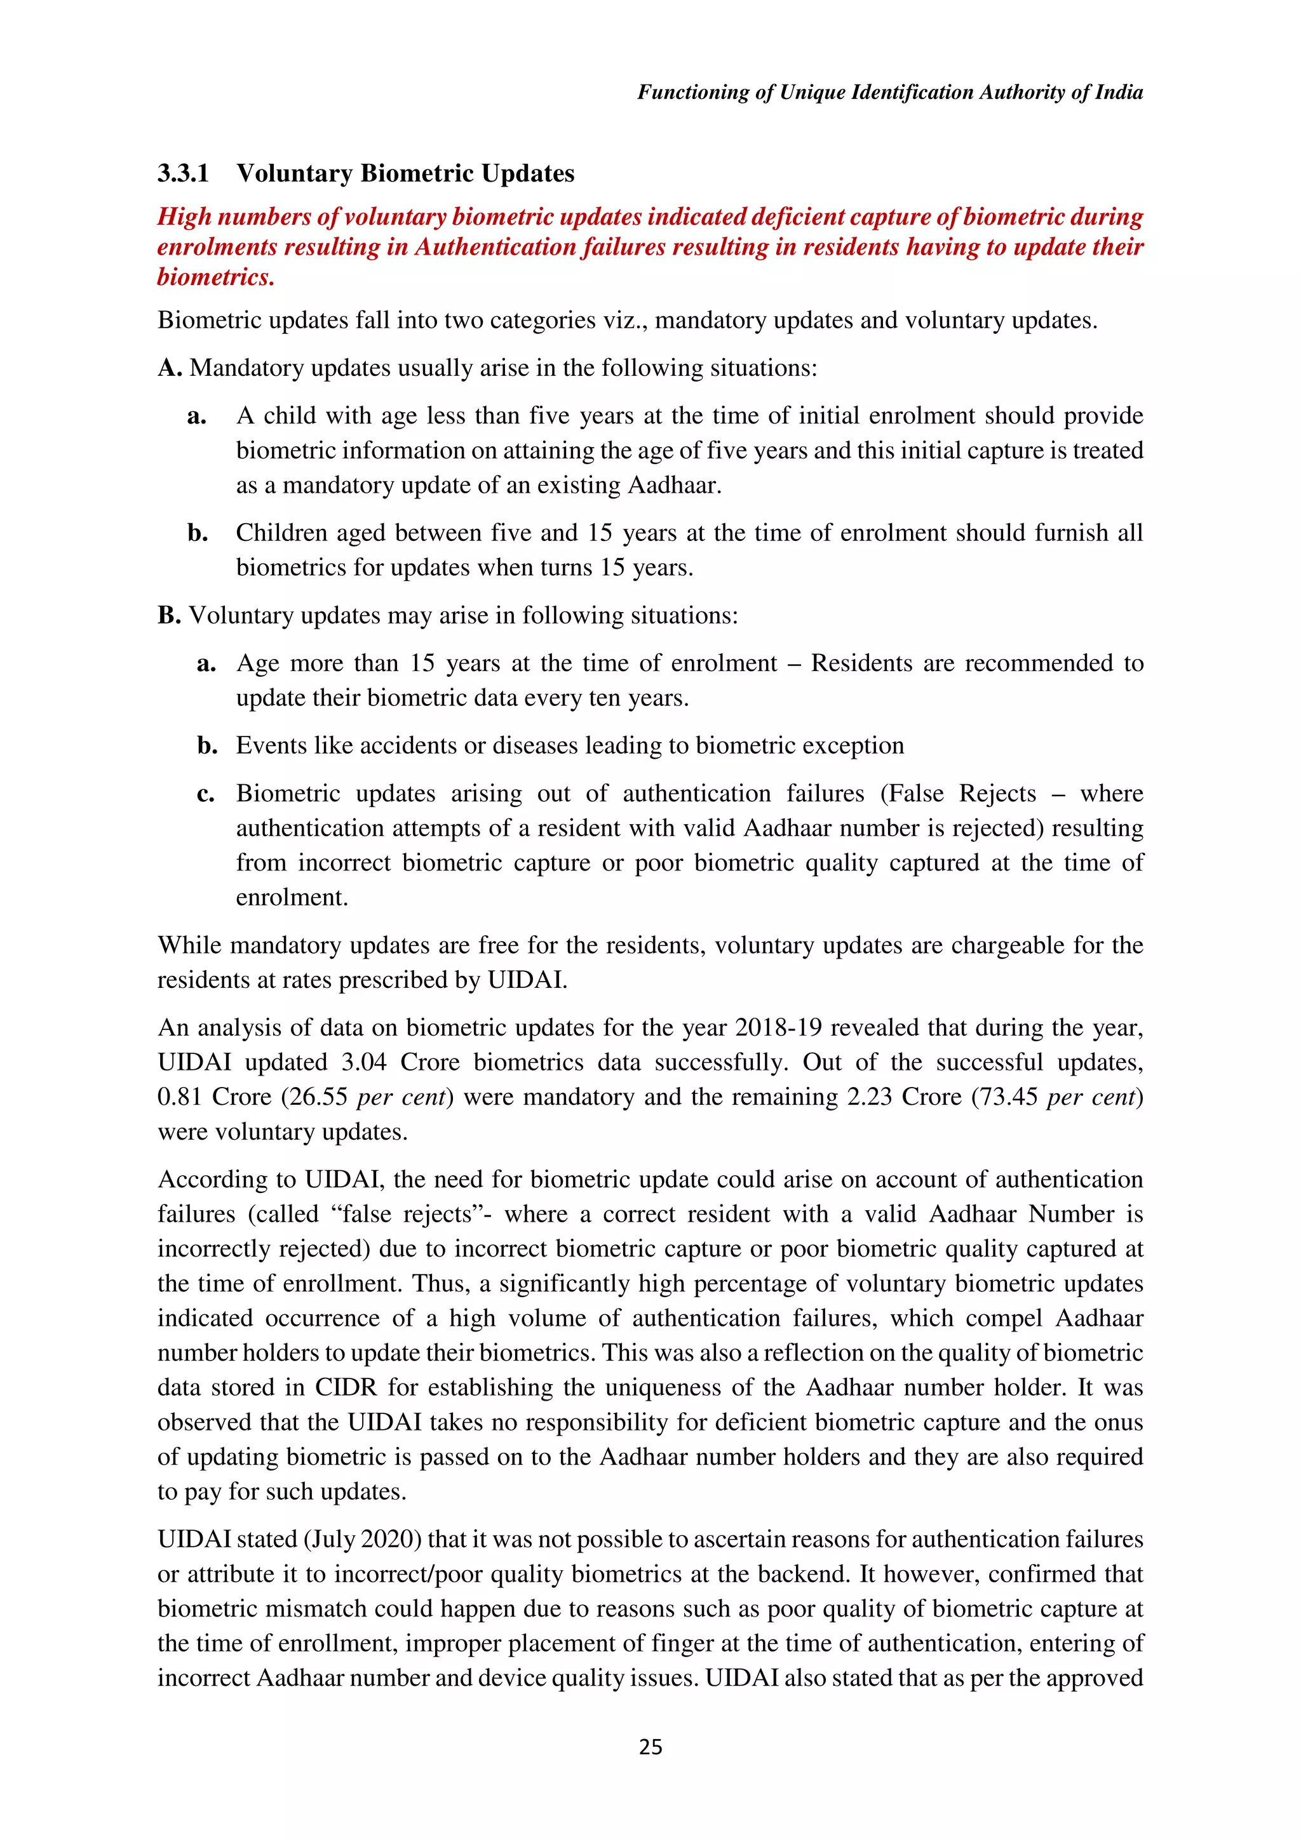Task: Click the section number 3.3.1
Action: pos(183,173)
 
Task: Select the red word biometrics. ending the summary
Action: pos(215,277)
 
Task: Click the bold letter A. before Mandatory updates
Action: pos(170,368)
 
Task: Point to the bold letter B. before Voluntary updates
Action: pos(169,615)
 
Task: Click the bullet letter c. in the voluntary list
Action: pos(206,794)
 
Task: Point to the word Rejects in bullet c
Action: pos(996,794)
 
